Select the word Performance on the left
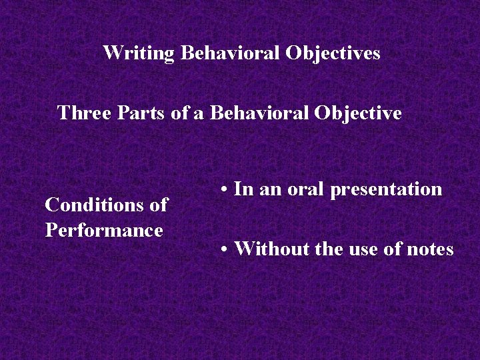[104, 230]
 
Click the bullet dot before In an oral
[227, 190]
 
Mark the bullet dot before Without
[227, 250]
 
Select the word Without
[269, 249]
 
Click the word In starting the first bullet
[244, 189]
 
